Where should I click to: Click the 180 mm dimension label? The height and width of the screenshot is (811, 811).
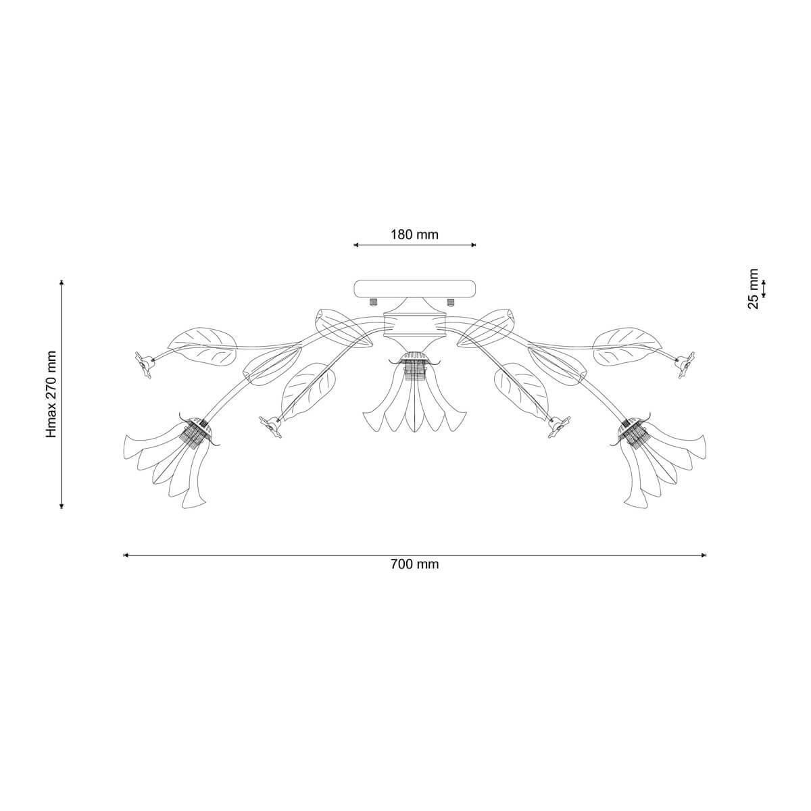tap(414, 235)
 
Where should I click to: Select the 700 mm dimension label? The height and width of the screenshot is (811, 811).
tap(414, 564)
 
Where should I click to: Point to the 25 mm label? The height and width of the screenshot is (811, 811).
tap(753, 289)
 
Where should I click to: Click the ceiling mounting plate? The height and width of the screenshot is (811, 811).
tap(415, 289)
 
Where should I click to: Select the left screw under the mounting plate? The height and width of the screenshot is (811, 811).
tap(372, 301)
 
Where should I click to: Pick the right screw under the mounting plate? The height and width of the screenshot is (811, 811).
tap(451, 301)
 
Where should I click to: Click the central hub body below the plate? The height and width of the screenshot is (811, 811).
tap(415, 325)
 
